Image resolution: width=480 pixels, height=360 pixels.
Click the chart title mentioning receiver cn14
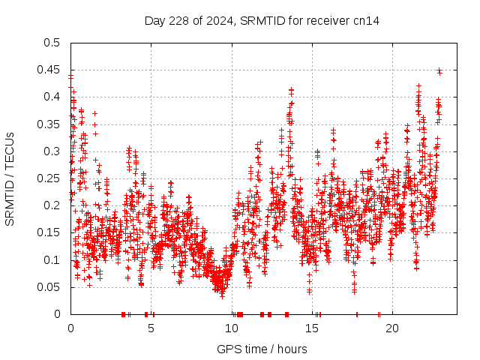pos(262,21)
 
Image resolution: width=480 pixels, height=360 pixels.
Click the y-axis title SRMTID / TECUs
pos(10,178)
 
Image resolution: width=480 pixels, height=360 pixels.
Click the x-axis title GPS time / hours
pos(262,349)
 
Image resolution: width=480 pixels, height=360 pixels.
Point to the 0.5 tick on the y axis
pos(52,43)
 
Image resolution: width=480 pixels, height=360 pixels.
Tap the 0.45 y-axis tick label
pos(49,70)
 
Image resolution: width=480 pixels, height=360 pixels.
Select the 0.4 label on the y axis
pos(52,97)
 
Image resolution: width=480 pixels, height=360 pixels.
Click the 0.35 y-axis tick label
pos(49,124)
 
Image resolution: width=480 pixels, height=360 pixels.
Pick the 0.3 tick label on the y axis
pos(52,151)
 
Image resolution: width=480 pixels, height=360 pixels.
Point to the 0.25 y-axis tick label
pos(49,178)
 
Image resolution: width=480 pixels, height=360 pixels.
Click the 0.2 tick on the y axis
pos(52,205)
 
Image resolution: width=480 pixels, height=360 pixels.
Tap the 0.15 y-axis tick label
pos(49,232)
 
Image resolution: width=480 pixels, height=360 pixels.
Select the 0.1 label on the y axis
pos(52,259)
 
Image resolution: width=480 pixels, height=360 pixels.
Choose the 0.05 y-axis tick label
pos(49,286)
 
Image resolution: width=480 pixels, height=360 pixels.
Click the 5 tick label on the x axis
pos(151,328)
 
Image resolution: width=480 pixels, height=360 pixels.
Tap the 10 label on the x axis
pos(232,328)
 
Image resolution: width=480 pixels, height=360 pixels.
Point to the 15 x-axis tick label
pos(312,328)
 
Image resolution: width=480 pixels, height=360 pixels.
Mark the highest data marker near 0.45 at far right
pos(439,71)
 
